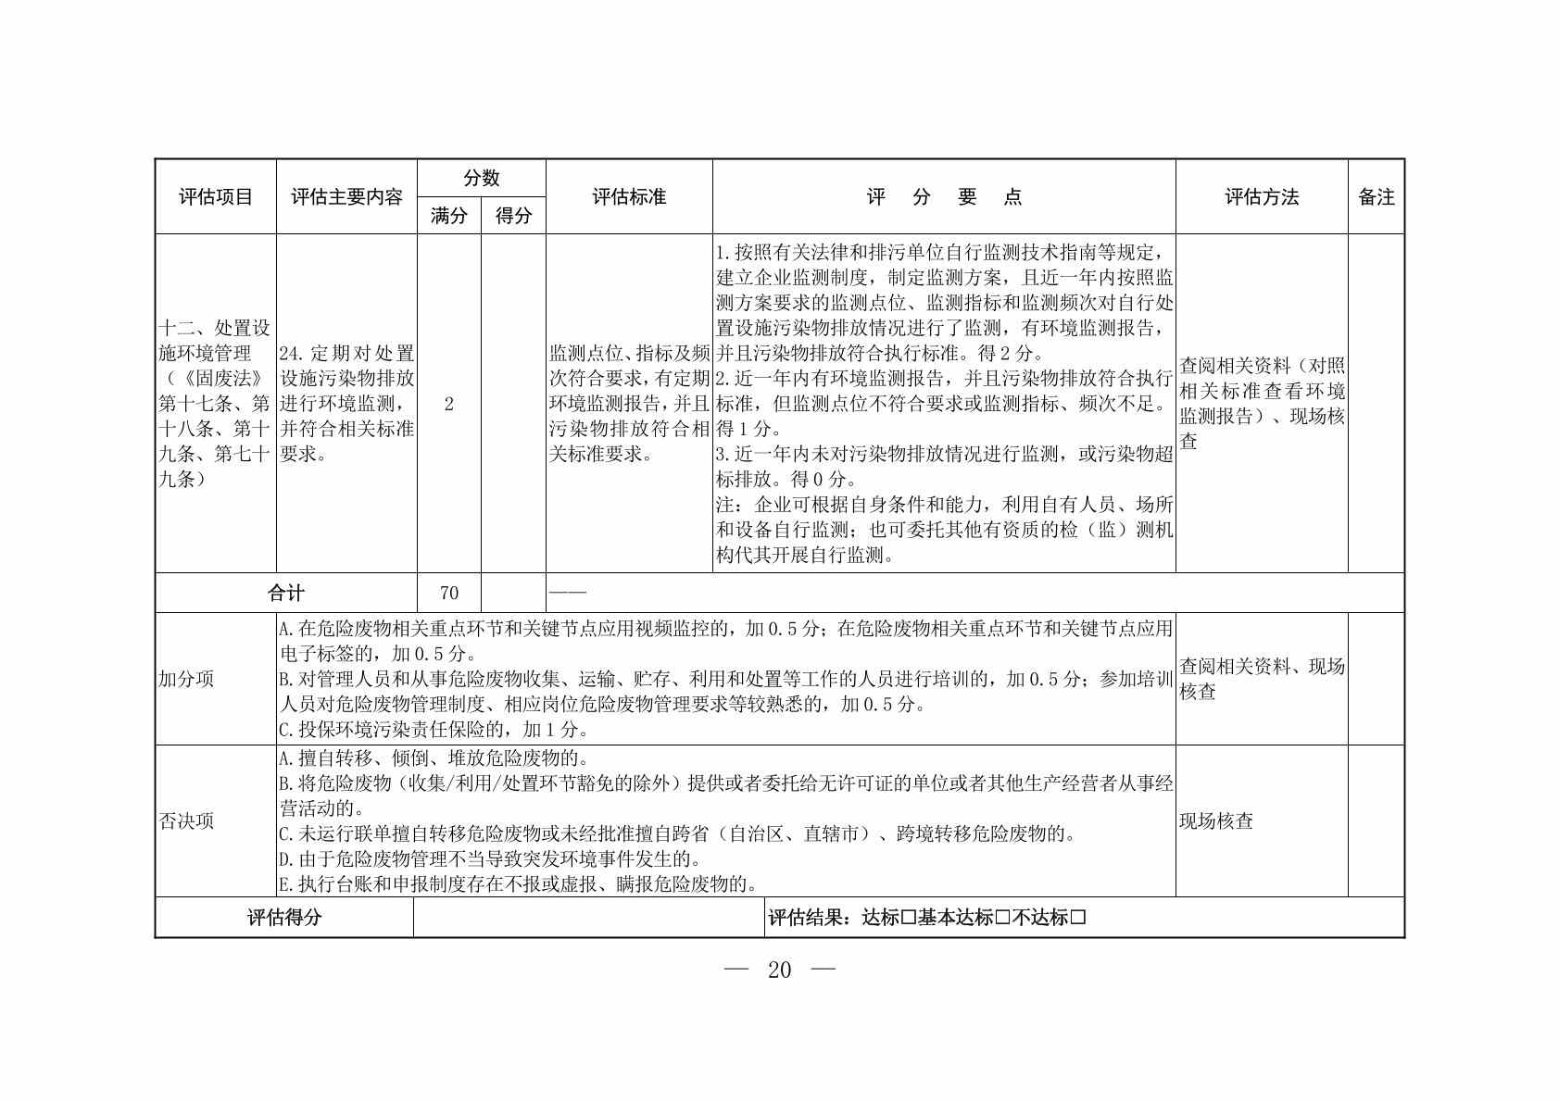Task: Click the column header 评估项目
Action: [215, 197]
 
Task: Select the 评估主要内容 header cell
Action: [346, 197]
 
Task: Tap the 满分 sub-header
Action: [449, 216]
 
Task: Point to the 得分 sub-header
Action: [513, 216]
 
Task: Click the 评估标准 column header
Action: [629, 197]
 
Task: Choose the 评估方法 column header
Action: [1262, 197]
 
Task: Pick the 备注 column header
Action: [1376, 197]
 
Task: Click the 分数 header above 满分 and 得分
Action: [482, 178]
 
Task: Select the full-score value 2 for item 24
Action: [449, 404]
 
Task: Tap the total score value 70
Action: [449, 593]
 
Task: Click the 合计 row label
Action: [285, 593]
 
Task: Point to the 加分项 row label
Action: [186, 679]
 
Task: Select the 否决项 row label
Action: [186, 821]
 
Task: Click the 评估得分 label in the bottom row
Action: [284, 918]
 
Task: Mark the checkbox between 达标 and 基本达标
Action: [908, 918]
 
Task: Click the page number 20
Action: [780, 970]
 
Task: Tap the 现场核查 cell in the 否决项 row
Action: [1216, 821]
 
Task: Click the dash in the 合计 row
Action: [568, 593]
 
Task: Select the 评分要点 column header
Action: [944, 197]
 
